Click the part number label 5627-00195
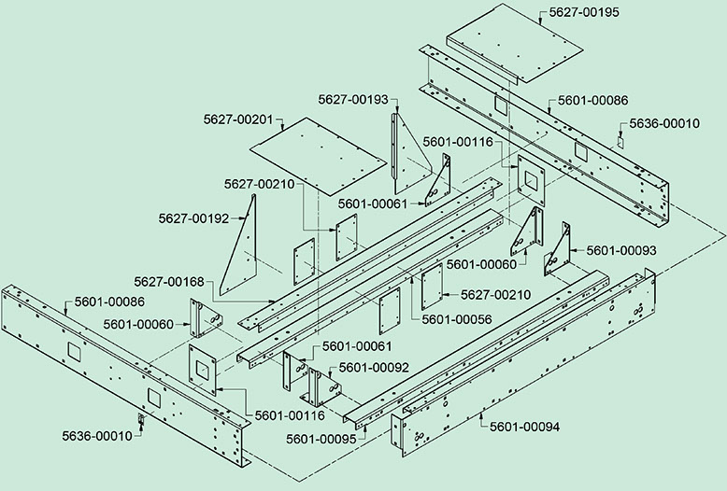click(x=577, y=11)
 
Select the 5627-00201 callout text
click(x=237, y=119)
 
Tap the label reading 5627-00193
click(x=352, y=99)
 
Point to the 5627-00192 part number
click(x=192, y=219)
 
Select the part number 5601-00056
click(x=456, y=318)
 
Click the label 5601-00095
click(x=321, y=438)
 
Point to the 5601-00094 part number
click(x=524, y=427)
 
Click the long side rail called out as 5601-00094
click(x=523, y=359)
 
